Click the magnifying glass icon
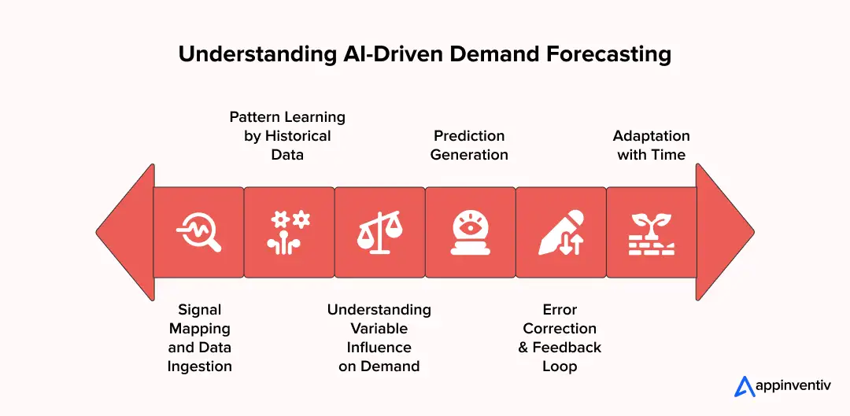click(198, 232)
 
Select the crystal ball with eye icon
click(470, 232)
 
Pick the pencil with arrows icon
click(560, 232)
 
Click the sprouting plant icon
click(651, 232)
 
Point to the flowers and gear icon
click(289, 232)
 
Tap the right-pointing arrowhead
click(725, 232)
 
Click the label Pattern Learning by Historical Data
click(287, 135)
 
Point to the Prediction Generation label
click(469, 145)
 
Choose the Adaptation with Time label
click(651, 145)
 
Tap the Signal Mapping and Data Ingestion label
click(199, 337)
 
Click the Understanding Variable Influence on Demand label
click(379, 337)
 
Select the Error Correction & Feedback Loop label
click(560, 337)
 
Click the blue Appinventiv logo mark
click(745, 386)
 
